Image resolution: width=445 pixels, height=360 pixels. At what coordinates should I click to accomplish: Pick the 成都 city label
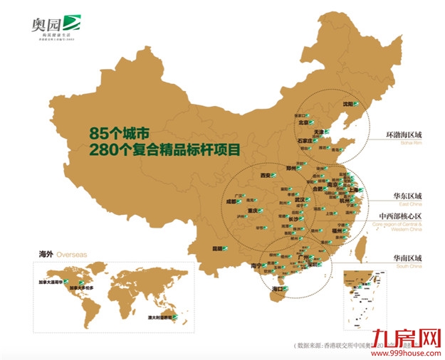(x=236, y=201)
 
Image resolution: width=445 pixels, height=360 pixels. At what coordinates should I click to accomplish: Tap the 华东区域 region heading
(x=408, y=196)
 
